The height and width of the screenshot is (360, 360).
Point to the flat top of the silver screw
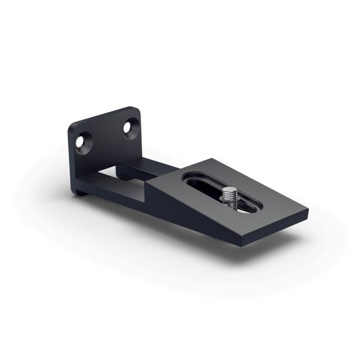tap(229, 191)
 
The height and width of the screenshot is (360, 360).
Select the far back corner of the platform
tap(208, 160)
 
